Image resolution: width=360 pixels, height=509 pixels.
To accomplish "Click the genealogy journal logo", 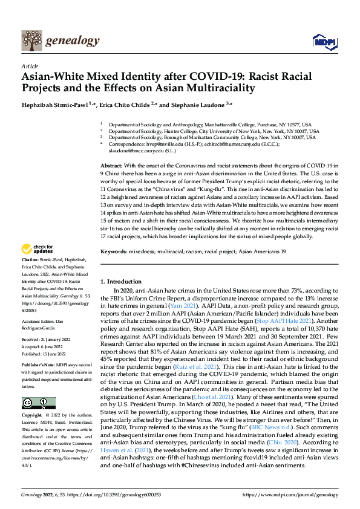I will [x=60, y=41].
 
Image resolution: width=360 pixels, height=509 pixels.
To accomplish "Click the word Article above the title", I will [x=30, y=65].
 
